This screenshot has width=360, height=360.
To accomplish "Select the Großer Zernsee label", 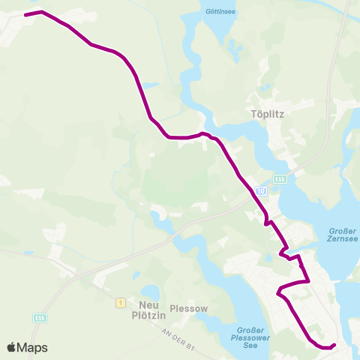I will [343, 235].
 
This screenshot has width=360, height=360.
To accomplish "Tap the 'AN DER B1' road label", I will [181, 343].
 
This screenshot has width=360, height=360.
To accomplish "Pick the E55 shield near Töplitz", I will [280, 179].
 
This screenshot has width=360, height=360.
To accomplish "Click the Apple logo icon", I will [12, 347].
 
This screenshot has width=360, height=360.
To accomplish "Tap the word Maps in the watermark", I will [34, 347].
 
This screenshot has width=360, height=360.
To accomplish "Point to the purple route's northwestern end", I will [25, 14].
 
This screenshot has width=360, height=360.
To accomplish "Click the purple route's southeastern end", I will [334, 345].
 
